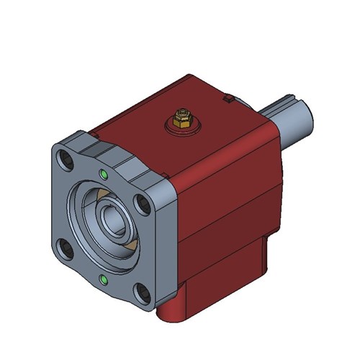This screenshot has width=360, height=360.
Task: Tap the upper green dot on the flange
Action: click(x=105, y=174)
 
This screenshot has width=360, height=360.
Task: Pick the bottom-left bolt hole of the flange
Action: click(x=67, y=249)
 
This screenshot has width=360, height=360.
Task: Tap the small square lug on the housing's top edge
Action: click(x=228, y=96)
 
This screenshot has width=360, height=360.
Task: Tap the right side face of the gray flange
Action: click(x=166, y=245)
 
